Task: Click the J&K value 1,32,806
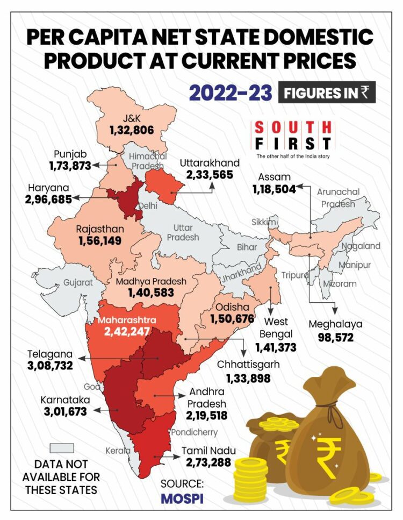tap(132, 130)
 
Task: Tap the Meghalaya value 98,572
tap(335, 340)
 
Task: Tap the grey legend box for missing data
tap(61, 448)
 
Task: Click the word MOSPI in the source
tap(182, 498)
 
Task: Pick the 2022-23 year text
tap(230, 92)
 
